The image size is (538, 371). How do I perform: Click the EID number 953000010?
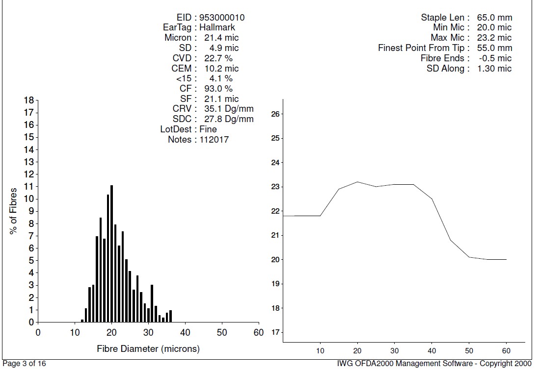[222, 18]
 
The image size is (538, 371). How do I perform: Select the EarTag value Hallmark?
[217, 27]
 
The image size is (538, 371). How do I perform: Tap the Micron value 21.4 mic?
[221, 38]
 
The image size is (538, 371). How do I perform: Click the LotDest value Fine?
[208, 129]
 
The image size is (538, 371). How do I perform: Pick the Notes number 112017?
[214, 140]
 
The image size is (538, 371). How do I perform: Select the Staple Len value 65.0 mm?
[494, 18]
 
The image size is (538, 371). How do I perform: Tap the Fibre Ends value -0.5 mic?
[494, 58]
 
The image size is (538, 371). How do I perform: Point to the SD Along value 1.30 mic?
[494, 69]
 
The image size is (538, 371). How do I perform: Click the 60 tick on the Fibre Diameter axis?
[259, 333]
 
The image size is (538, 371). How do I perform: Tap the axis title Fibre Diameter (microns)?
[148, 349]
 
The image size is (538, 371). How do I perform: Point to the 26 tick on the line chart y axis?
[275, 114]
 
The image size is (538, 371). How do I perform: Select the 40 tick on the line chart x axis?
[432, 350]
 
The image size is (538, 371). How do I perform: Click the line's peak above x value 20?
[357, 182]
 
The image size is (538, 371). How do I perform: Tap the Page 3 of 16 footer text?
[25, 364]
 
